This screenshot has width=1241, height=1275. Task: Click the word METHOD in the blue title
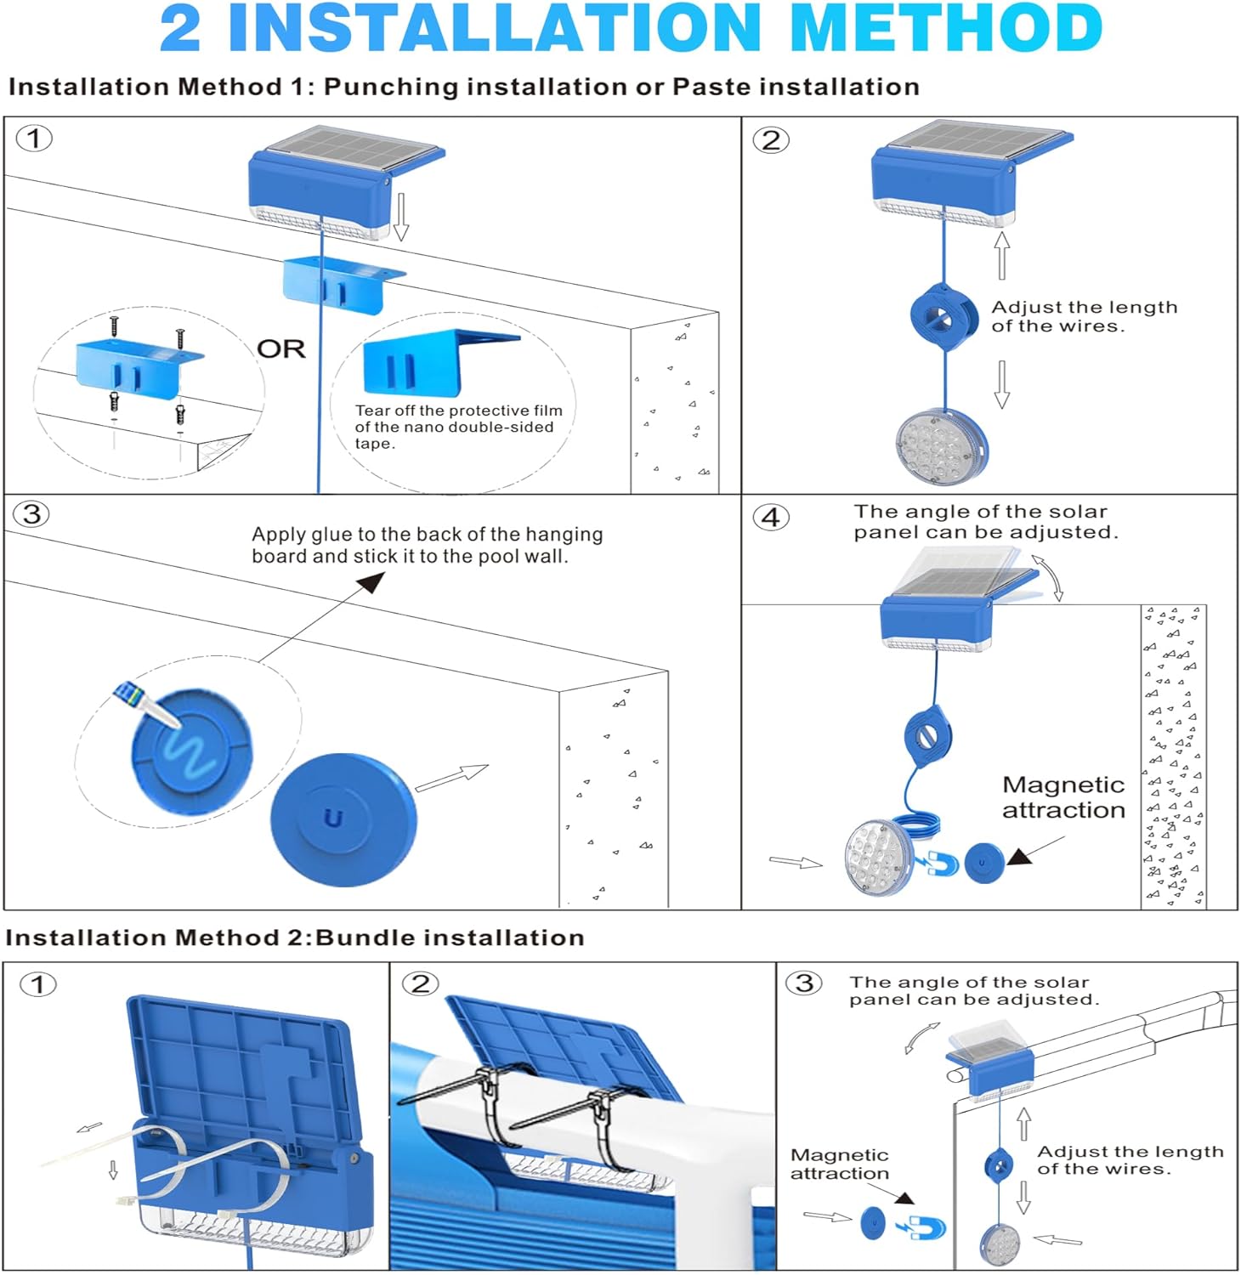(x=946, y=29)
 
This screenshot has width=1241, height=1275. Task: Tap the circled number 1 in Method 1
(x=34, y=139)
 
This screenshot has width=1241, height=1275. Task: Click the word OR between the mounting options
(x=281, y=349)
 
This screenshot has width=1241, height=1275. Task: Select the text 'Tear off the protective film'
(x=459, y=411)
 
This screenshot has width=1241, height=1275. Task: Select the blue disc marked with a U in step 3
(x=343, y=819)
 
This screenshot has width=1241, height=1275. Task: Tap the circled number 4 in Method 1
(x=771, y=517)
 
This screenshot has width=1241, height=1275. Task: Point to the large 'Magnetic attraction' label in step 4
(x=1063, y=797)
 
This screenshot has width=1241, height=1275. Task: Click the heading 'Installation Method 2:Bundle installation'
(x=295, y=938)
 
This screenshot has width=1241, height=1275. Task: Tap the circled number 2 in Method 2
(x=420, y=984)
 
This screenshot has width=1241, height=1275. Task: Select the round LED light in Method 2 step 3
(x=1000, y=1246)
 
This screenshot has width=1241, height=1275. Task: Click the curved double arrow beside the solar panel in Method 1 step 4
(x=1050, y=578)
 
